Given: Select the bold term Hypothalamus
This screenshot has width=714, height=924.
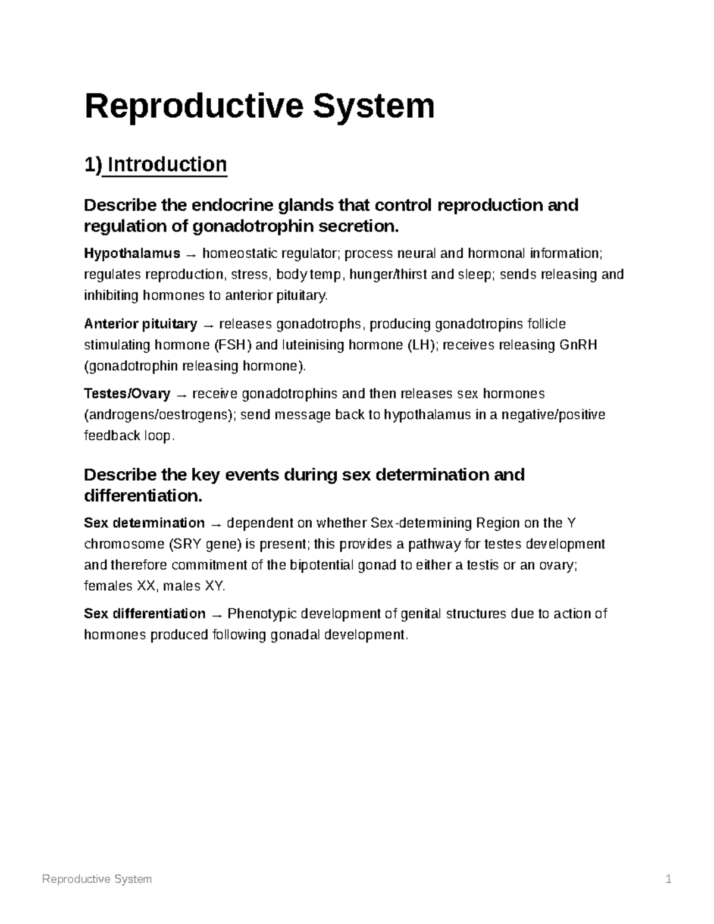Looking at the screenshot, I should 132,253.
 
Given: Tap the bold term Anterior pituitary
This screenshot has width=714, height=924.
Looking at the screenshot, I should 140,324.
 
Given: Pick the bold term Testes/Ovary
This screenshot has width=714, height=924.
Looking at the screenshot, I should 127,393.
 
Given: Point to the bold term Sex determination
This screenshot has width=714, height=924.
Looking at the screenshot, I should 145,522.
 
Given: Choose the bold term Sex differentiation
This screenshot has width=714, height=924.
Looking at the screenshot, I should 145,613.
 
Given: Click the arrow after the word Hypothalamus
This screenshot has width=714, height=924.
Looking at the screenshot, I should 190,255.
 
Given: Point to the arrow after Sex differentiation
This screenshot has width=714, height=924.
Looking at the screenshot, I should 217,614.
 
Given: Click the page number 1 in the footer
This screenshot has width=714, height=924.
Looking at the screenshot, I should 669,878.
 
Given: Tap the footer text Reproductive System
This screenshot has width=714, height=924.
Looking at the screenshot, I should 97,878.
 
